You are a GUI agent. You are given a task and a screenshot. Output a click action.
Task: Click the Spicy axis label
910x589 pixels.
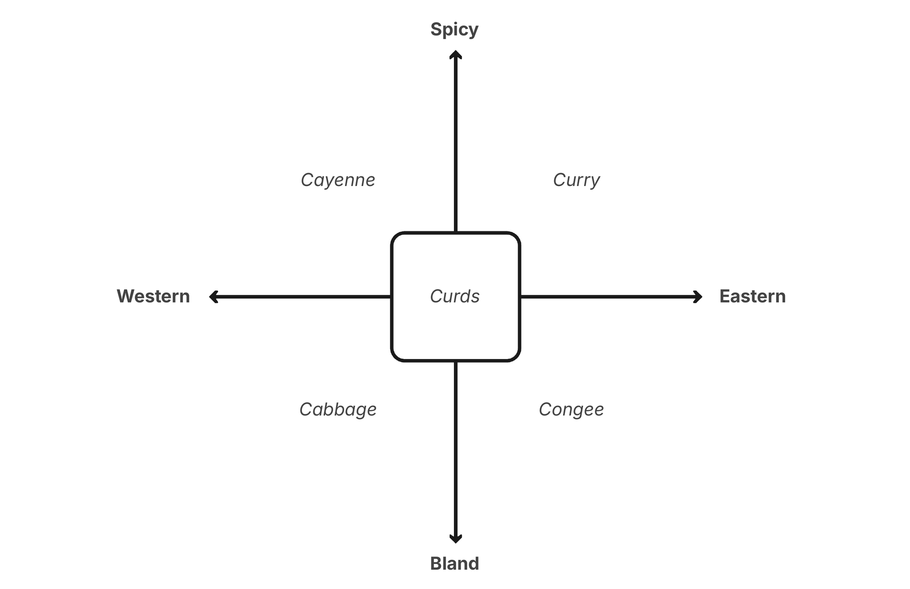pos(454,29)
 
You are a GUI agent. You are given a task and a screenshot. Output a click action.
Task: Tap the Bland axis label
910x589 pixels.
pos(454,564)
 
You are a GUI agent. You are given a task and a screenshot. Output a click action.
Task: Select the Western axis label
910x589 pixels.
pos(153,296)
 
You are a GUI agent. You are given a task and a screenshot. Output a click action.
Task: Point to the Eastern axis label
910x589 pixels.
pos(752,296)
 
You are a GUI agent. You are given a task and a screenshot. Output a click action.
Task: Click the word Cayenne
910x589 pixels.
pos(338,180)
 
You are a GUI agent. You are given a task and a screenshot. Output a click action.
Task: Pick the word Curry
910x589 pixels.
pos(576,180)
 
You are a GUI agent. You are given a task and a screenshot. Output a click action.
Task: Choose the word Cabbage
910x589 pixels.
pos(338,409)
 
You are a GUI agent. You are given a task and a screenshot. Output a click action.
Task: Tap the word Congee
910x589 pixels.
pos(571,409)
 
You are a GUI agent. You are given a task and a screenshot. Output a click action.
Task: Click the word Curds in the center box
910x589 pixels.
pos(455,296)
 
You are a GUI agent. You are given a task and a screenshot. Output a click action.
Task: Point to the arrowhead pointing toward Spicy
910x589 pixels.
pos(455,54)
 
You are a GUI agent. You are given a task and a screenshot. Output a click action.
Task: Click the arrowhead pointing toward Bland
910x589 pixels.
pos(455,538)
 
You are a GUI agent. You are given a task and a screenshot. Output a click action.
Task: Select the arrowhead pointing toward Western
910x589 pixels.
pos(213,297)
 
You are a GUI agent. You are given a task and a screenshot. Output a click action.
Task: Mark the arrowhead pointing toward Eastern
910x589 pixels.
pos(698,297)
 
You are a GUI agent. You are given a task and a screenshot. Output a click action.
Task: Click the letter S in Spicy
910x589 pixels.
pos(436,29)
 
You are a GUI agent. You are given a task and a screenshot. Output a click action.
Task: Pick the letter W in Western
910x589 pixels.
pos(126,296)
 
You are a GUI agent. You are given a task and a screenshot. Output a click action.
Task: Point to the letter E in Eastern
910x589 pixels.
pos(725,296)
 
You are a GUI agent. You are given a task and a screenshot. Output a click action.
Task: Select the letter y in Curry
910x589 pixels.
pos(594,181)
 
